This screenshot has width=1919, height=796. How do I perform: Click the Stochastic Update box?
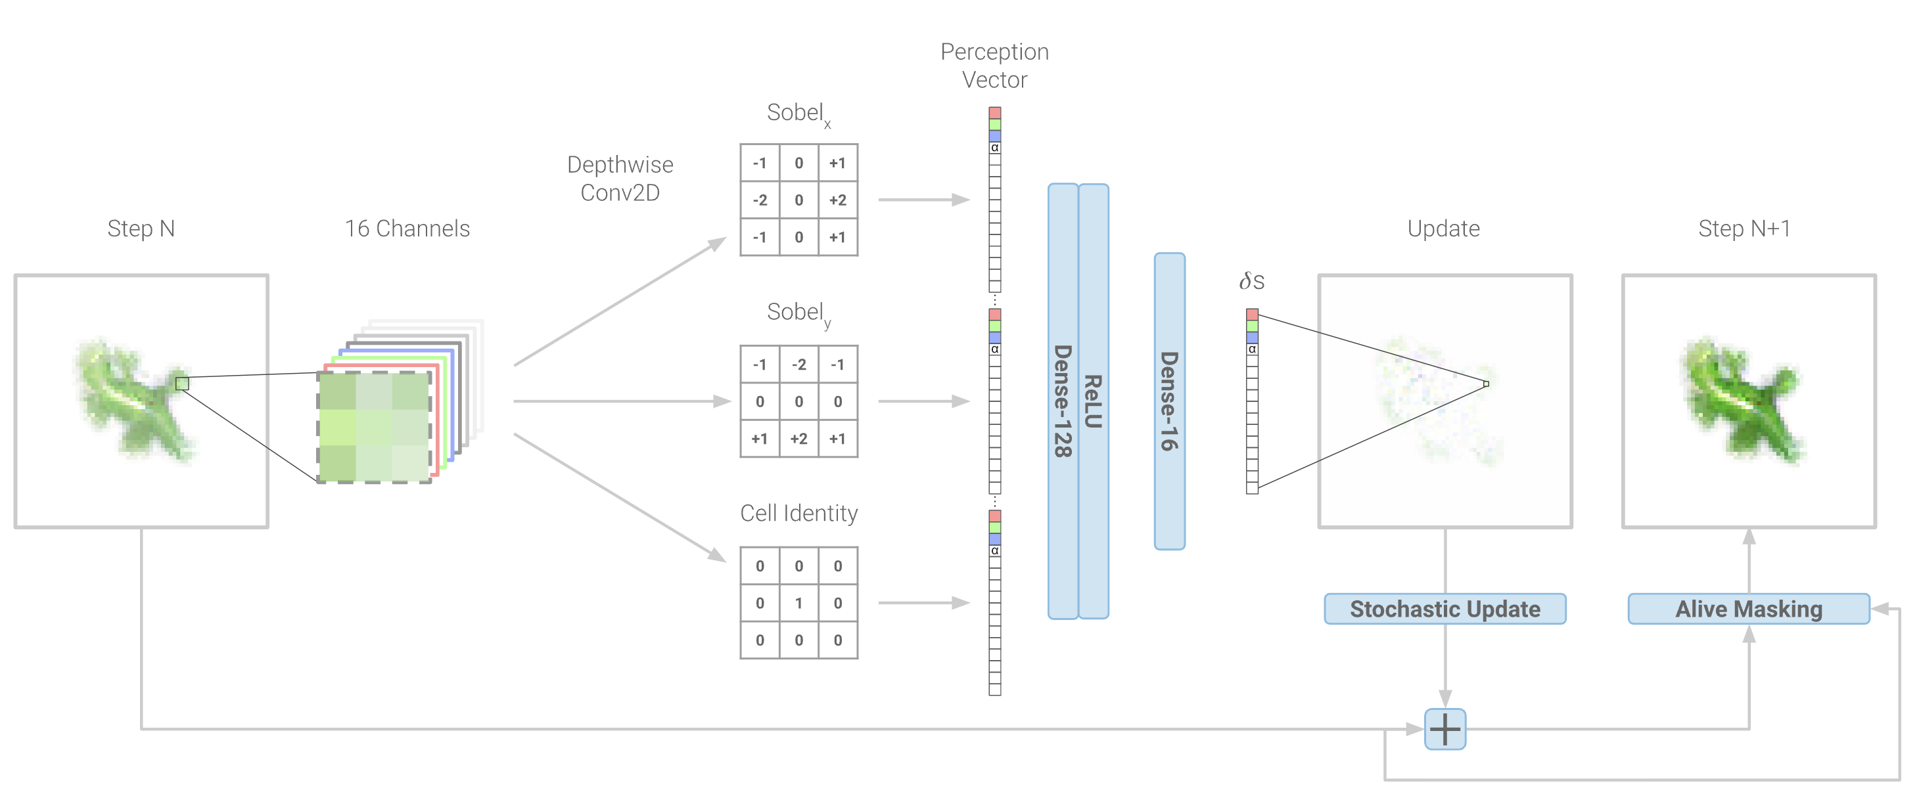pyautogui.click(x=1445, y=608)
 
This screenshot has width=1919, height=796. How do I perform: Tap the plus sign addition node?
pyautogui.click(x=1445, y=729)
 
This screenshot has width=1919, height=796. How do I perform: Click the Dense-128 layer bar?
pyautogui.click(x=1062, y=401)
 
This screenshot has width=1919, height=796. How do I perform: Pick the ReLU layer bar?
pyautogui.click(x=1093, y=401)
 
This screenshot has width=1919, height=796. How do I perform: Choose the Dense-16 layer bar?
pyautogui.click(x=1169, y=401)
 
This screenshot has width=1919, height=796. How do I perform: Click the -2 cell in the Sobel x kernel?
pyautogui.click(x=760, y=200)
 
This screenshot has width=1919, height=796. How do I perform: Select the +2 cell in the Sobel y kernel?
pyautogui.click(x=798, y=438)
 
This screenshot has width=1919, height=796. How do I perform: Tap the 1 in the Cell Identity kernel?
pyautogui.click(x=798, y=602)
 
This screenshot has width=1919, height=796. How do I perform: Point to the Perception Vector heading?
pyautogui.click(x=994, y=66)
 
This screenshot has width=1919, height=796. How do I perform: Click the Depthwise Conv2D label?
pyautogui.click(x=620, y=178)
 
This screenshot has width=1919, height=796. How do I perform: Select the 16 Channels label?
pyautogui.click(x=407, y=228)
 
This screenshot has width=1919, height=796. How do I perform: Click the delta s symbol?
pyautogui.click(x=1251, y=280)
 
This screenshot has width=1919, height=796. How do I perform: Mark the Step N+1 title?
pyautogui.click(x=1744, y=228)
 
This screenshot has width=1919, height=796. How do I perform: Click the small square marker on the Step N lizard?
pyautogui.click(x=182, y=384)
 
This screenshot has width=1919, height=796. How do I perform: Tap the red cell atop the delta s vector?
pyautogui.click(x=1251, y=314)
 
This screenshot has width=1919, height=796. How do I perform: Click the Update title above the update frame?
pyautogui.click(x=1443, y=228)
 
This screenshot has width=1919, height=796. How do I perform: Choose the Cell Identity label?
pyautogui.click(x=798, y=512)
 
